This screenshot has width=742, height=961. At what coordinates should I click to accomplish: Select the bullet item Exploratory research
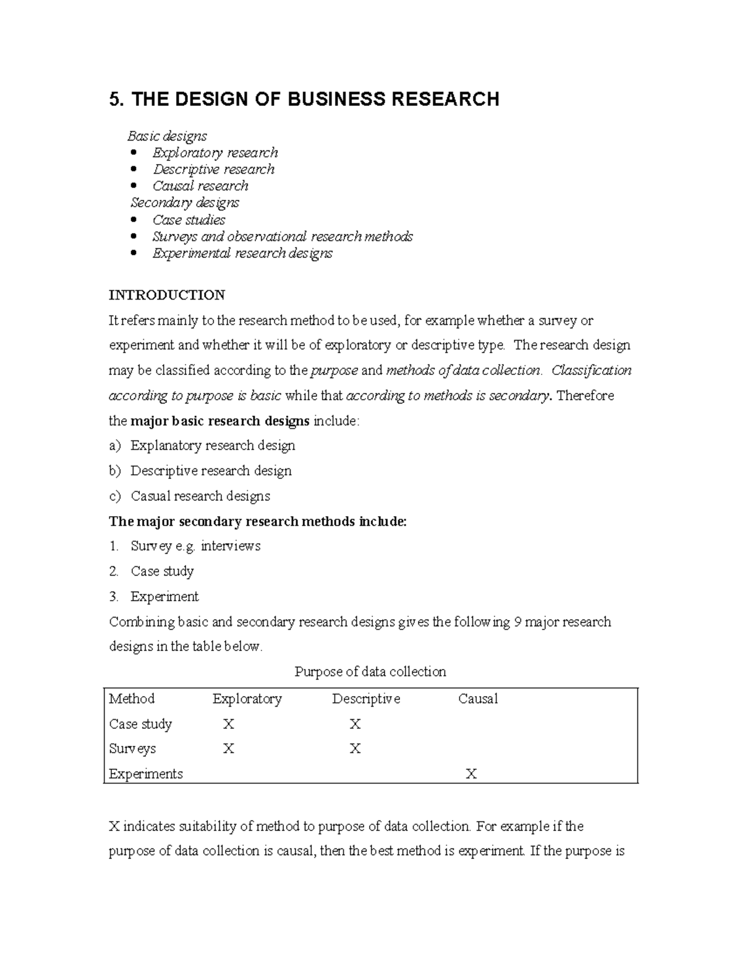[215, 153]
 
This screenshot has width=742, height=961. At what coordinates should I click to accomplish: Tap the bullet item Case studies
[189, 220]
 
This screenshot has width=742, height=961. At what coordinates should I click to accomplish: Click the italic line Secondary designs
[185, 203]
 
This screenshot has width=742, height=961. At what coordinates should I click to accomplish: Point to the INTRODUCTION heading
[167, 295]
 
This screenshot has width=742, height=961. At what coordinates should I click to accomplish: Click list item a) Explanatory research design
[212, 446]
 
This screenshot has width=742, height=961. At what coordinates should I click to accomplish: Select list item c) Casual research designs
[200, 496]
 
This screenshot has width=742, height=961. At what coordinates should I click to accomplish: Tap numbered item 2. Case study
[162, 571]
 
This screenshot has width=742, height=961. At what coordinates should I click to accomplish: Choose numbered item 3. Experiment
[164, 597]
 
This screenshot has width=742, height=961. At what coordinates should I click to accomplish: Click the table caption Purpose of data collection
[370, 671]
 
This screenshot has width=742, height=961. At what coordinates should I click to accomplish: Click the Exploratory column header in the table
[247, 699]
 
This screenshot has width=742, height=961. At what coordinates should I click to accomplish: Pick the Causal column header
[477, 699]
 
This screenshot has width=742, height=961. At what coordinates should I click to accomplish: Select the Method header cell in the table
[132, 699]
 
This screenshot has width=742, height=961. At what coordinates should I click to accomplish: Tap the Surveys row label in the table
[132, 749]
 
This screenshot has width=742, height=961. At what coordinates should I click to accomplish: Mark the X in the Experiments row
[471, 774]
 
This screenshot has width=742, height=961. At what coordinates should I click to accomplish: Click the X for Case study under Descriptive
[355, 724]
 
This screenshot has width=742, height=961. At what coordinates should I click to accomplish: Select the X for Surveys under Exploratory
[228, 749]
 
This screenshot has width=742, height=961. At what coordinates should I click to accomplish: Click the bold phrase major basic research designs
[220, 421]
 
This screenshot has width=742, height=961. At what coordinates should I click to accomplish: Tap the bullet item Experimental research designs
[242, 253]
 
